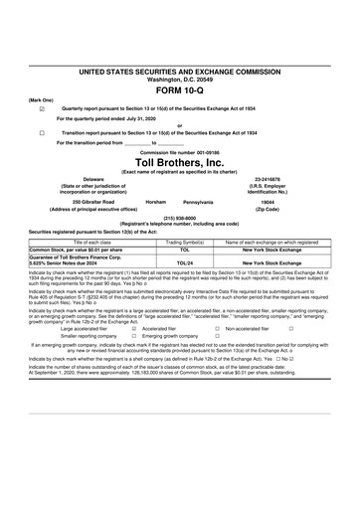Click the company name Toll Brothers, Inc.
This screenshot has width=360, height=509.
180,161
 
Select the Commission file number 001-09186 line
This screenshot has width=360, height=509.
180,151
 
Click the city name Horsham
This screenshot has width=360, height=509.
155,200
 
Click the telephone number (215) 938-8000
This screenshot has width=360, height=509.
180,218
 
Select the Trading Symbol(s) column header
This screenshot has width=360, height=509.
170,242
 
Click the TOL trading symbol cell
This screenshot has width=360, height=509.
170,249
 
